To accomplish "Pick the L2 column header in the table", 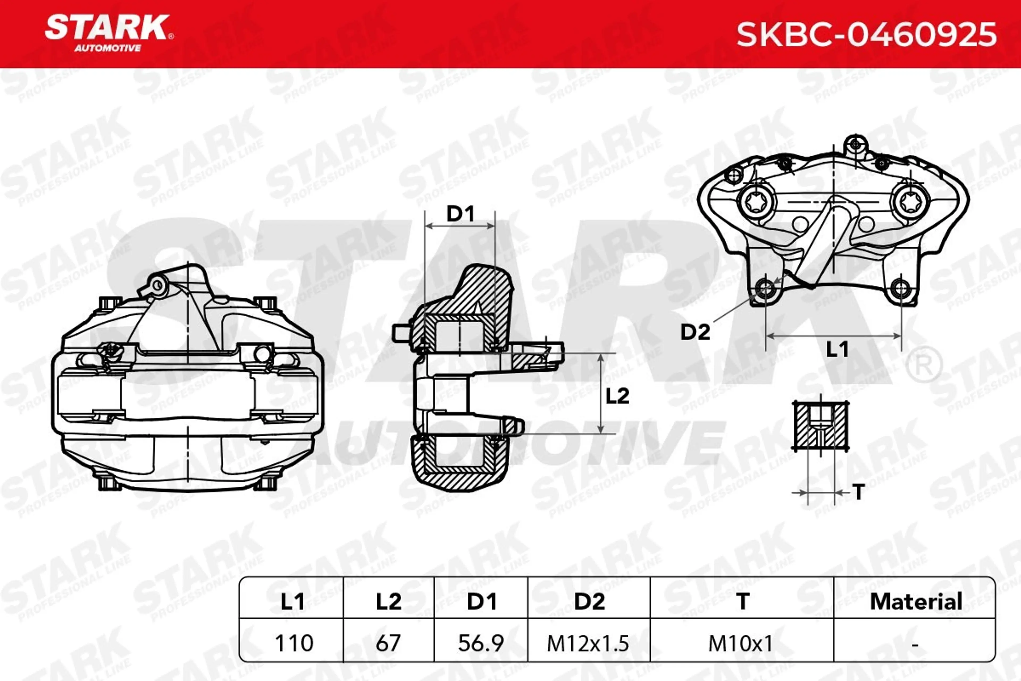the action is [x=388, y=601].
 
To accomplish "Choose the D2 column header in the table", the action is [x=589, y=601].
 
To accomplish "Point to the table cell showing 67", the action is [x=388, y=643].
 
